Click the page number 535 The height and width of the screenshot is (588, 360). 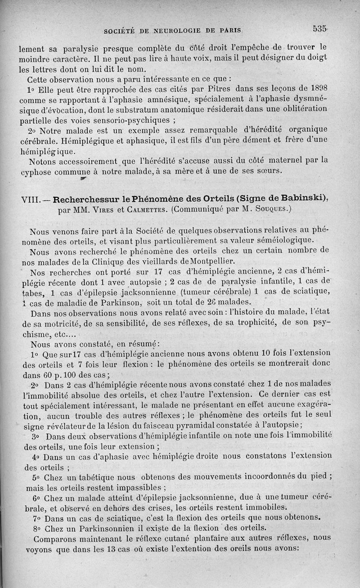pos(319,29)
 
